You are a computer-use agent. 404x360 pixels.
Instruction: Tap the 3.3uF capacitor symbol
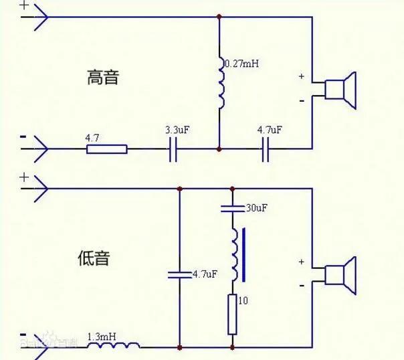(175, 149)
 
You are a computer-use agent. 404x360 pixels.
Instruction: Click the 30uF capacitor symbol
(232, 208)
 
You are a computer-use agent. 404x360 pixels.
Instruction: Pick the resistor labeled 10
(232, 314)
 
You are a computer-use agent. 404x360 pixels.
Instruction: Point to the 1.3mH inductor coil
(121, 345)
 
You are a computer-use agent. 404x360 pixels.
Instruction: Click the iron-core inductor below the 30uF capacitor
(235, 255)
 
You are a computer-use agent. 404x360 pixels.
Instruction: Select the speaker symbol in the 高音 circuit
(340, 90)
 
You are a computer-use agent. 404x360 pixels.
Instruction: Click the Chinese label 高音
(103, 77)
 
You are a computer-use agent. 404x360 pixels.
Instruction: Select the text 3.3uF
(178, 128)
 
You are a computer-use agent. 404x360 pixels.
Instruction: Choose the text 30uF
(256, 209)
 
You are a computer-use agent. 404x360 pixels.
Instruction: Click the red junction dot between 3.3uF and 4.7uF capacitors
(219, 149)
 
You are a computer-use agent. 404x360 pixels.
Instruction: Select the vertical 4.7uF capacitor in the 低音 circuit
(179, 274)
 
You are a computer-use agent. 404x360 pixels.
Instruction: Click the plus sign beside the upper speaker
(302, 77)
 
